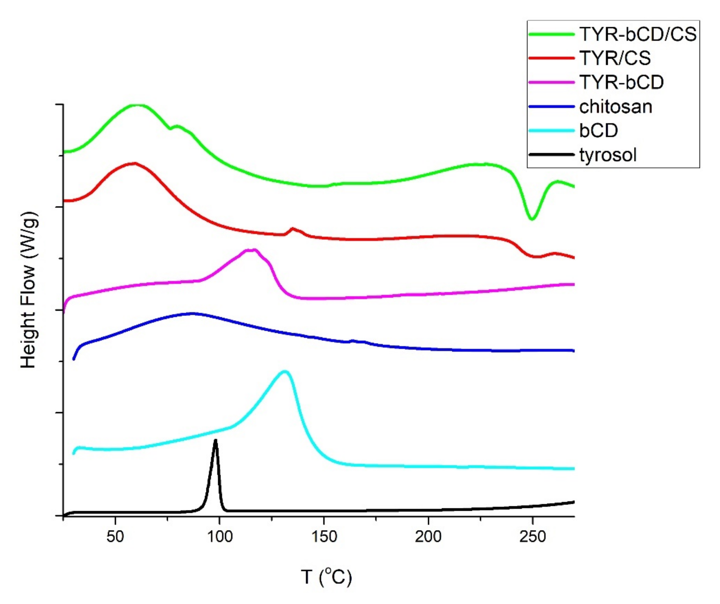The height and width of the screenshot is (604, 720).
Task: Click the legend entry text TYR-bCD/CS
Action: (638, 34)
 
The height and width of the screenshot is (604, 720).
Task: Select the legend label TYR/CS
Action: (615, 58)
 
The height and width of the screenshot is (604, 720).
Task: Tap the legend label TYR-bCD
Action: (621, 82)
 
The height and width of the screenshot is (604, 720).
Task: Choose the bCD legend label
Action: (598, 131)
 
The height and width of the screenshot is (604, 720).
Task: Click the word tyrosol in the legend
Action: (608, 155)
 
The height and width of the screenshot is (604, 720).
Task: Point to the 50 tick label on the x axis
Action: (115, 536)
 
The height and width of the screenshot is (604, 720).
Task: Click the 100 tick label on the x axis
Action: (219, 536)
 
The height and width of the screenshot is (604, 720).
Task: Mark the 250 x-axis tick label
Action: (532, 536)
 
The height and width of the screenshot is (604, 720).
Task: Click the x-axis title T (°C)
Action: (326, 577)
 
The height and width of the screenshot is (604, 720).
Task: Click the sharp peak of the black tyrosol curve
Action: (216, 441)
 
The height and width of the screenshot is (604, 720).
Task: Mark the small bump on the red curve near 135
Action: (292, 228)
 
